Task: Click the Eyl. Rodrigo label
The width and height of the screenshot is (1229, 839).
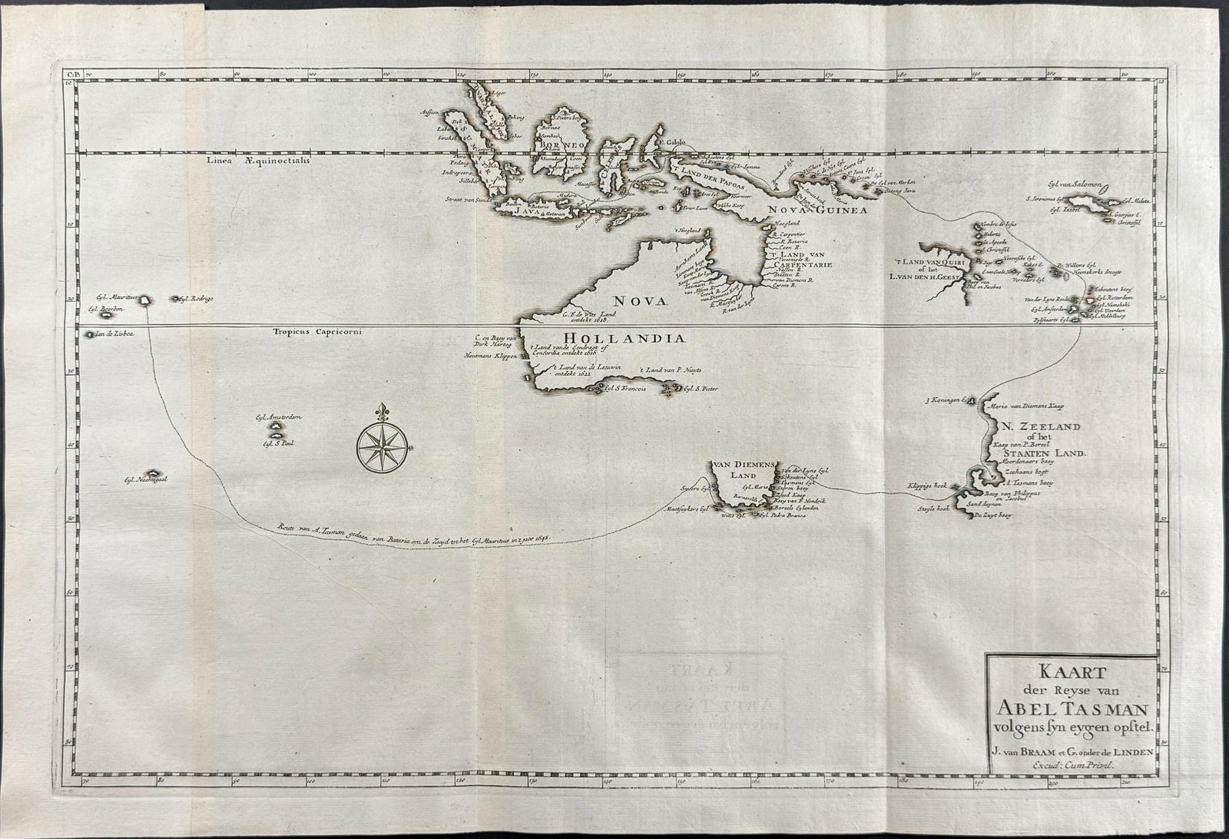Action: (x=195, y=298)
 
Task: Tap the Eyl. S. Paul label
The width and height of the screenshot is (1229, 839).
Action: (x=280, y=443)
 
